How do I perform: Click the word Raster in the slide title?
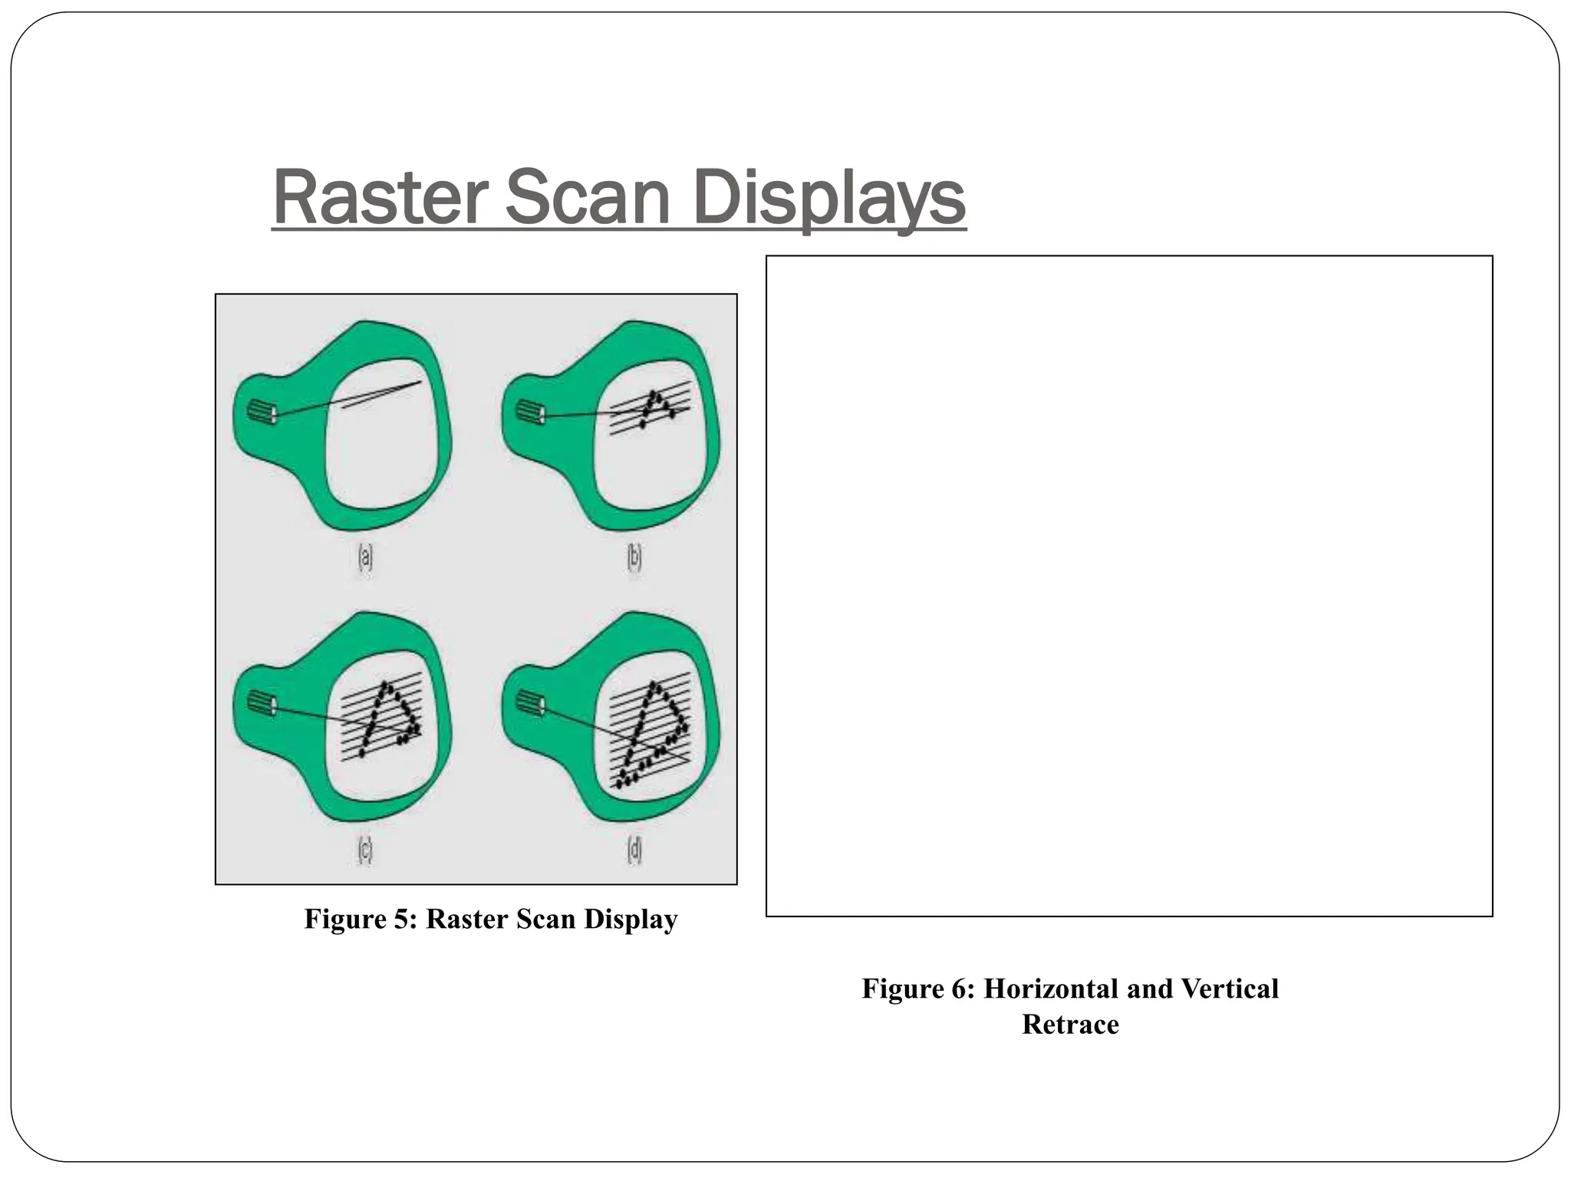click(380, 198)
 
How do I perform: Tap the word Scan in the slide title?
click(588, 198)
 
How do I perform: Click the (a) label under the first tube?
click(366, 558)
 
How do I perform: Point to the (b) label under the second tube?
click(634, 558)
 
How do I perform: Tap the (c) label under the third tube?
click(365, 850)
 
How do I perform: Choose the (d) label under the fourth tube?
click(634, 850)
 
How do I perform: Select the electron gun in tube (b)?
click(530, 412)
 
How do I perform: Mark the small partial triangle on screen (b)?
click(656, 406)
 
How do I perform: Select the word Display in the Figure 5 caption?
click(631, 919)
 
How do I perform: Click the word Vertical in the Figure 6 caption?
click(1230, 989)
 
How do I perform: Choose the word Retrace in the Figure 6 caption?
click(1070, 1024)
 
